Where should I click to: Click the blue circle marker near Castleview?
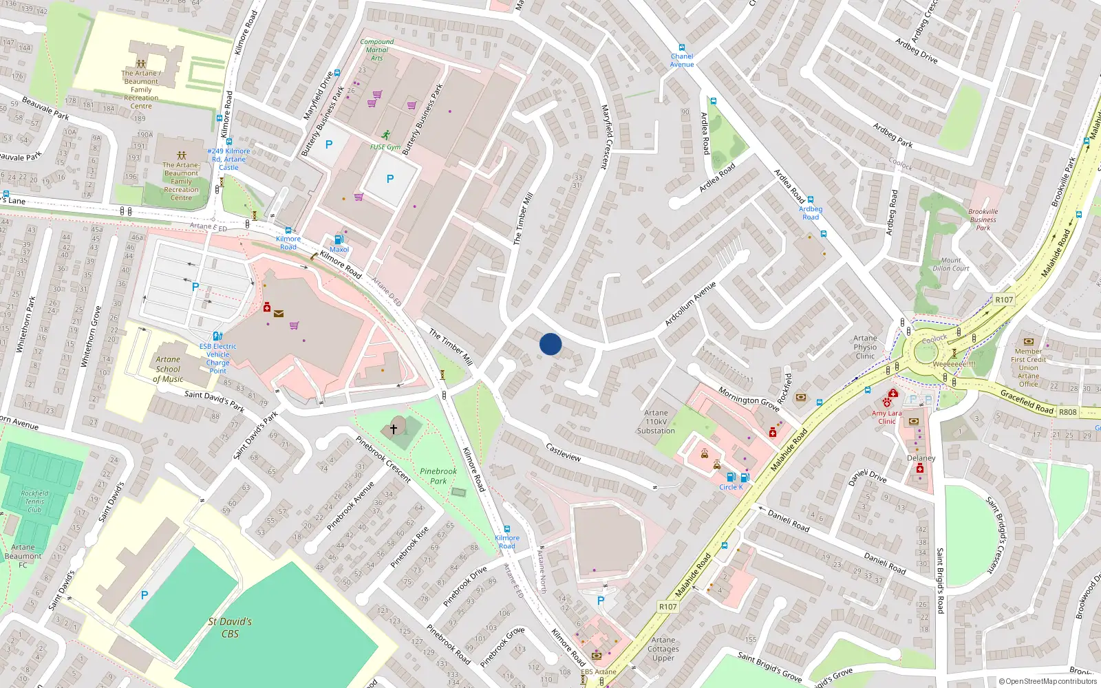click(550, 344)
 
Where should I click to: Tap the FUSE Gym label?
click(385, 147)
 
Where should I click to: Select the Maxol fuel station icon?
click(339, 239)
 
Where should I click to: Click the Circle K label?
click(731, 487)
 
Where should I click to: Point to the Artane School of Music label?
click(168, 369)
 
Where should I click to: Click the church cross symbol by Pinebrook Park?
click(394, 429)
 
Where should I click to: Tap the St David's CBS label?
click(230, 627)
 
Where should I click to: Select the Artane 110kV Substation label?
click(656, 422)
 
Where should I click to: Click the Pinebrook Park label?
click(438, 476)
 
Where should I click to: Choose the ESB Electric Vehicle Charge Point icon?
click(217, 336)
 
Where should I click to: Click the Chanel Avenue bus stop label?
click(682, 61)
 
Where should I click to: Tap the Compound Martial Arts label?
click(377, 50)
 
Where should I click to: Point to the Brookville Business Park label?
click(983, 219)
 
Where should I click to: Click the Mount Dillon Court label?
click(951, 265)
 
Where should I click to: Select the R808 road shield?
click(1068, 412)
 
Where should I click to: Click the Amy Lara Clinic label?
click(886, 417)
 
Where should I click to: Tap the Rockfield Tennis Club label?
click(34, 502)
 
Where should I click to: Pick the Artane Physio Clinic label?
click(865, 347)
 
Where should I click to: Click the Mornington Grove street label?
click(749, 398)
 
